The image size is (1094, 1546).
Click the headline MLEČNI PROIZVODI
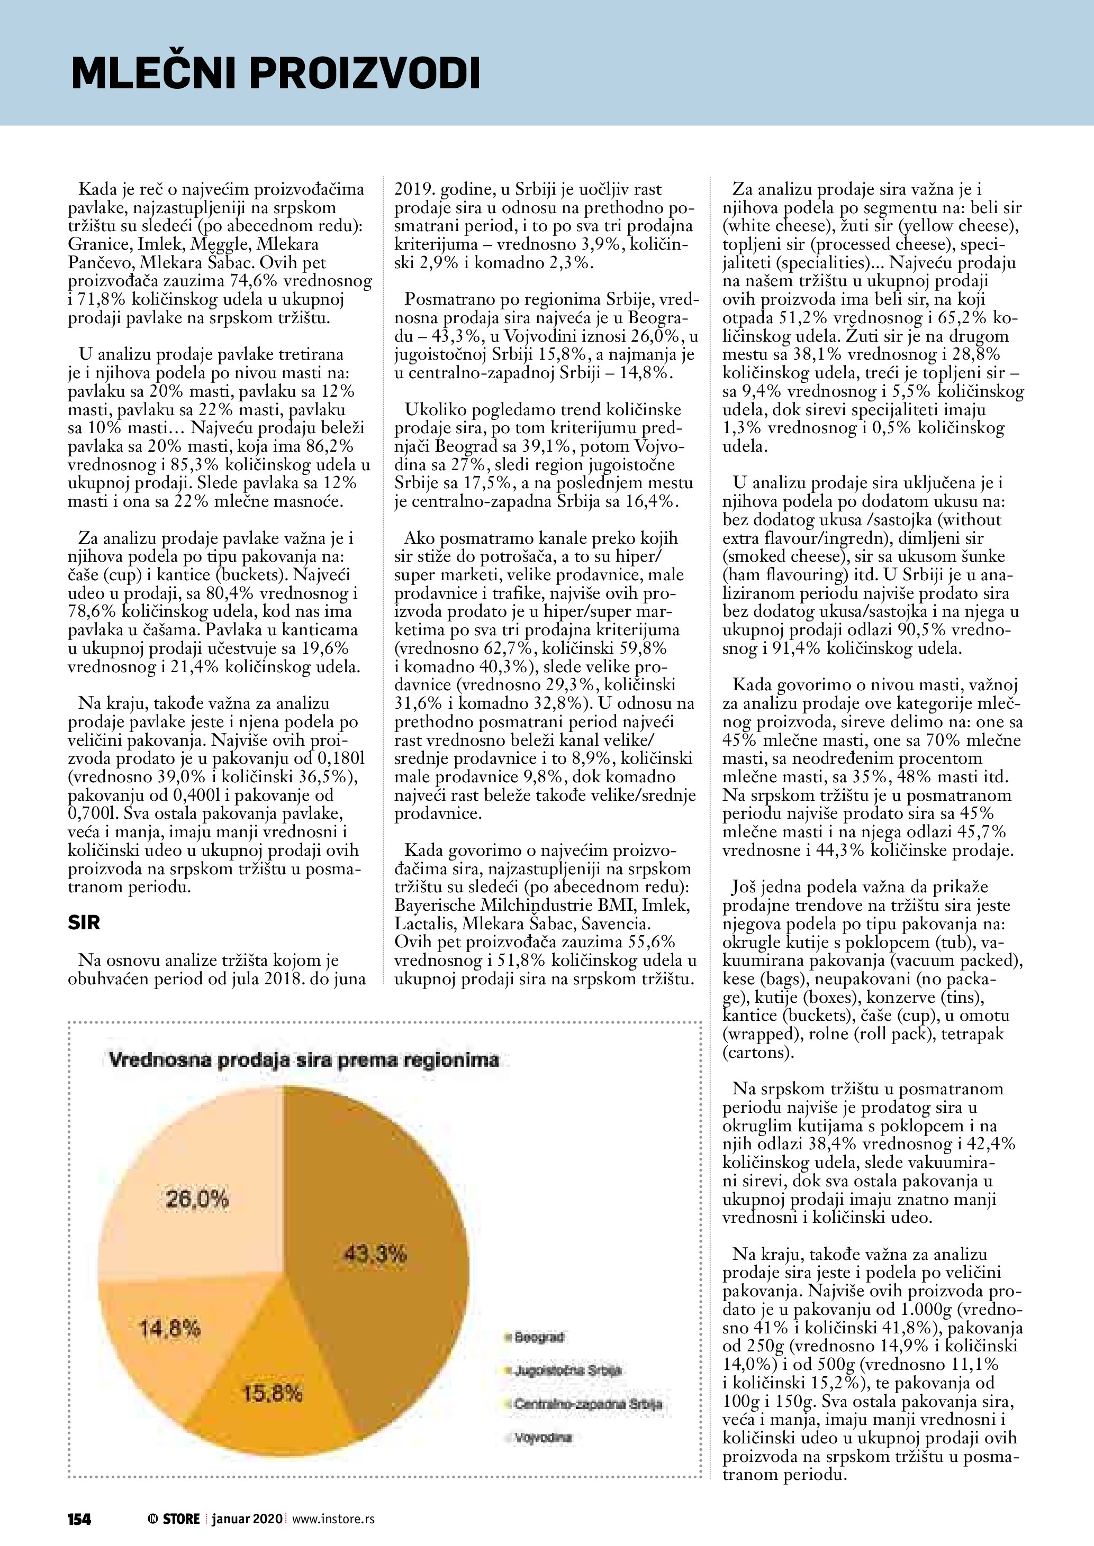point(276,74)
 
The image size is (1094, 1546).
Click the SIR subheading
point(84,922)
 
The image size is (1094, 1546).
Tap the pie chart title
point(303,1060)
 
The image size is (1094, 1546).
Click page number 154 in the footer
point(79,1519)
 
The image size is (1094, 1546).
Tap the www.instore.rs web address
point(333,1519)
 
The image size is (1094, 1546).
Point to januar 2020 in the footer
point(248,1519)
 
